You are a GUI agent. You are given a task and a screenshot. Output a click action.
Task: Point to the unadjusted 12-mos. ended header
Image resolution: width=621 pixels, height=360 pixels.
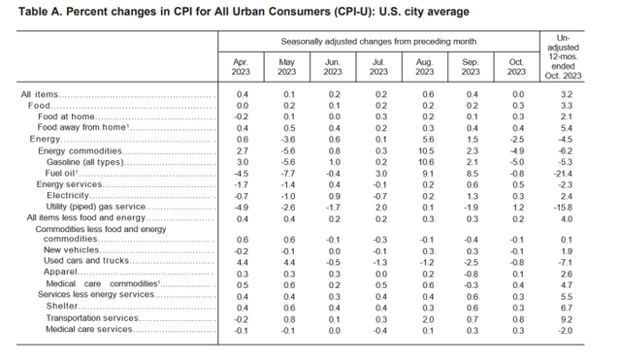click(x=570, y=54)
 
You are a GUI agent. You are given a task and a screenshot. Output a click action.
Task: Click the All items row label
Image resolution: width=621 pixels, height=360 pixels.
click(x=41, y=94)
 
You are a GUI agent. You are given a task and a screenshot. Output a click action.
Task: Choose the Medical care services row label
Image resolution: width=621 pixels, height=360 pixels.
click(x=88, y=328)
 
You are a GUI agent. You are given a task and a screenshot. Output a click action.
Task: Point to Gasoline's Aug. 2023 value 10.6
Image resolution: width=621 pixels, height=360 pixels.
click(x=426, y=161)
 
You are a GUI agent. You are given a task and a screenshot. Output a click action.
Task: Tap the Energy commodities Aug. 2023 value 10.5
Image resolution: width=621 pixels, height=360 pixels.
click(x=426, y=150)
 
